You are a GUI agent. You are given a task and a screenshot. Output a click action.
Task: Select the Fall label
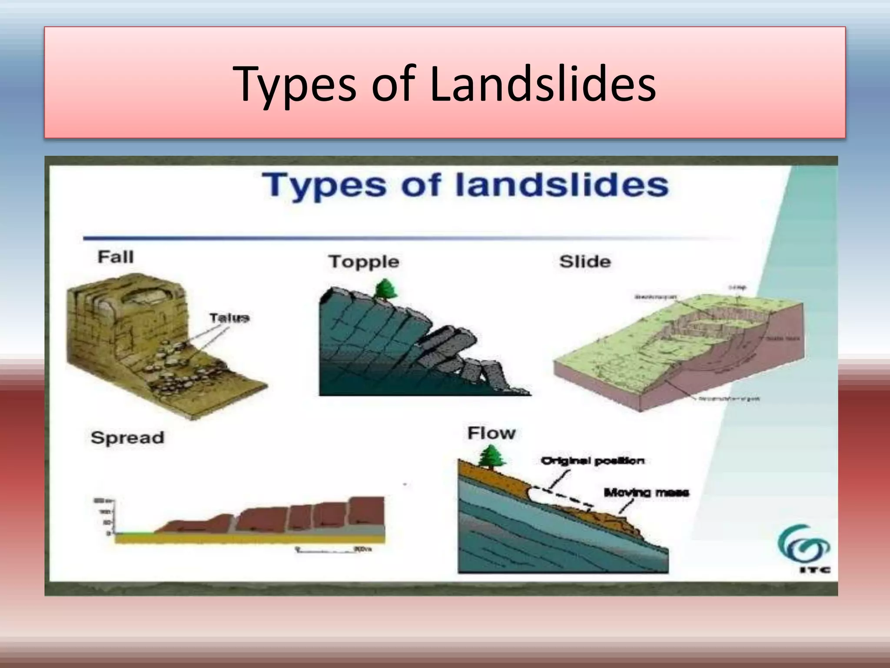(116, 257)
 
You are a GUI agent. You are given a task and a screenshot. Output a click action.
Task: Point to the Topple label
(364, 262)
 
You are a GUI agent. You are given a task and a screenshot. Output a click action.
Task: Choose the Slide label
(585, 262)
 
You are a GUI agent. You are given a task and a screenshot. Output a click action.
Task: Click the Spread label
(127, 438)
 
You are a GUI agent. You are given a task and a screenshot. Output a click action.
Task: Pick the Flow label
(491, 433)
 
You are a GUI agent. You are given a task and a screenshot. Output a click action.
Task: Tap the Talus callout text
(229, 317)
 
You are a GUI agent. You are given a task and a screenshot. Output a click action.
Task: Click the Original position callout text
(592, 461)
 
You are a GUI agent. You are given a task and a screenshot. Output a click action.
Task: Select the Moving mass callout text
(646, 493)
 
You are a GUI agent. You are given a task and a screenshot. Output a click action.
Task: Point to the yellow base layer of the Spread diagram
(250, 539)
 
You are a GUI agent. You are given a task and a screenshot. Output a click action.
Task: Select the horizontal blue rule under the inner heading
(391, 238)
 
